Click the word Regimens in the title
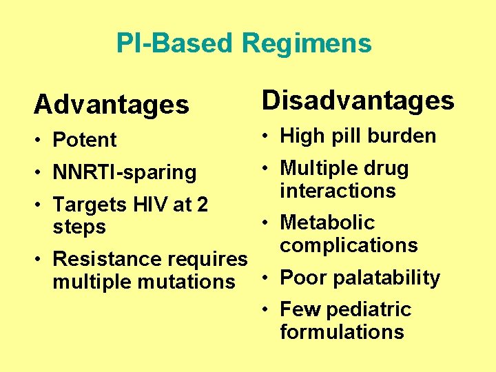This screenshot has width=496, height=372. [307, 43]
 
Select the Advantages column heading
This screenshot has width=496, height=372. [111, 105]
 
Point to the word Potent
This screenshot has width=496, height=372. [85, 140]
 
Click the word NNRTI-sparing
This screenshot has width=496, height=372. [125, 172]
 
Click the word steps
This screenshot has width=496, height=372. [79, 227]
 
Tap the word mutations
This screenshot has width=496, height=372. [194, 281]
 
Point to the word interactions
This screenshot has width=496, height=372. [338, 190]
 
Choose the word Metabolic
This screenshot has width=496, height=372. [327, 223]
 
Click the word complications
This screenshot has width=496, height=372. [349, 245]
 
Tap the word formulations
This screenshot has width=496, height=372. [342, 331]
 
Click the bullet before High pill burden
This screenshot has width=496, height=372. [266, 136]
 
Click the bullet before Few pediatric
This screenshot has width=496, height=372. [266, 310]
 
